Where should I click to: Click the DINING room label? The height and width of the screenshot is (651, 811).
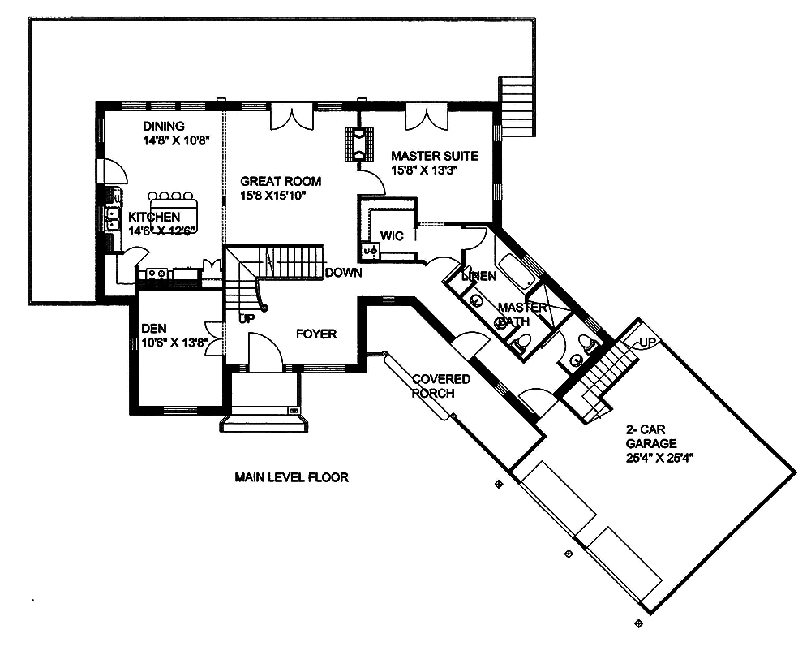click(x=164, y=126)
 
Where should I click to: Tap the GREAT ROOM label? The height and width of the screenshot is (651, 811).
click(x=281, y=182)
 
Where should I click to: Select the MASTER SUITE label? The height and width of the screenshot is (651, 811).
click(x=434, y=155)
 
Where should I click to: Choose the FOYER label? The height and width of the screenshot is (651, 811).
click(x=315, y=334)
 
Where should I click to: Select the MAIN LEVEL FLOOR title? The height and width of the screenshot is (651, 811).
click(x=291, y=477)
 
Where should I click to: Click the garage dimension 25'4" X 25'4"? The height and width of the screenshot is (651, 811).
click(x=661, y=457)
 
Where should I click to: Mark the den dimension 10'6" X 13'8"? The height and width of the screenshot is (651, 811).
click(x=174, y=343)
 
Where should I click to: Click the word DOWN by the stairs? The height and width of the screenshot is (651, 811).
click(x=343, y=274)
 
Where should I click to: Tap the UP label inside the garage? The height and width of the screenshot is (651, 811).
click(x=649, y=341)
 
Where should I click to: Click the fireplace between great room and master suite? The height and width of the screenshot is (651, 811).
click(x=358, y=144)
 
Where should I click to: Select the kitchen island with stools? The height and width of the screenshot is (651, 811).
click(x=173, y=209)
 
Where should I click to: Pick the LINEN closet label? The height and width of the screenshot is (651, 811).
click(x=478, y=277)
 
